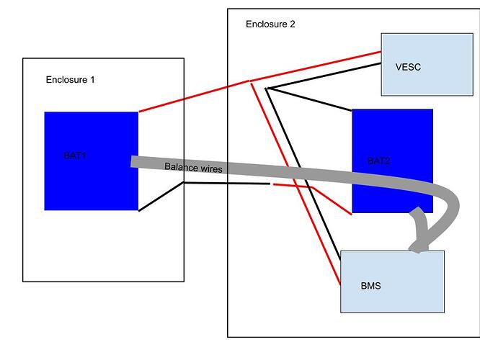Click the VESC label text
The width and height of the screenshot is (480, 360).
click(408, 67)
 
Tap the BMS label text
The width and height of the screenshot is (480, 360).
click(370, 286)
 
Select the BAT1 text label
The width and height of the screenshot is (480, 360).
click(76, 155)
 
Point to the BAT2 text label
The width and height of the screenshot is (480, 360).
click(379, 161)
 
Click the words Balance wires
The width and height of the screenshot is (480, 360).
click(193, 167)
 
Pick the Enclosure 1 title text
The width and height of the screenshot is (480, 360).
click(70, 78)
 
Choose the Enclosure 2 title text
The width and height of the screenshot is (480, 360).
click(270, 24)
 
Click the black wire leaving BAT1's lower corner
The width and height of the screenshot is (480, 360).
click(160, 197)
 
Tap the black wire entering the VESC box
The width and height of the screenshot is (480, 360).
click(324, 76)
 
